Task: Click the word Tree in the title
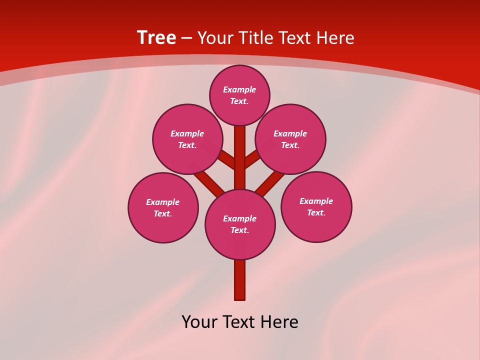click(156, 38)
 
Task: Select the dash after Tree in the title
click(186, 38)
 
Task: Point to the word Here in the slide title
click(336, 38)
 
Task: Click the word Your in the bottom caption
click(199, 322)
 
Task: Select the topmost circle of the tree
click(239, 95)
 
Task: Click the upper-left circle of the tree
click(187, 139)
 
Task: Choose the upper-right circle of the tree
click(290, 139)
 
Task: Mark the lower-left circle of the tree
click(163, 207)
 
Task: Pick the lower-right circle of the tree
click(316, 206)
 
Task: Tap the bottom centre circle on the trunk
click(240, 224)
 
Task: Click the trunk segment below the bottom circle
click(240, 280)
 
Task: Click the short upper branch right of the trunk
click(252, 159)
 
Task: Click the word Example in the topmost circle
click(239, 89)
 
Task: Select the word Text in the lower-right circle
click(316, 212)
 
